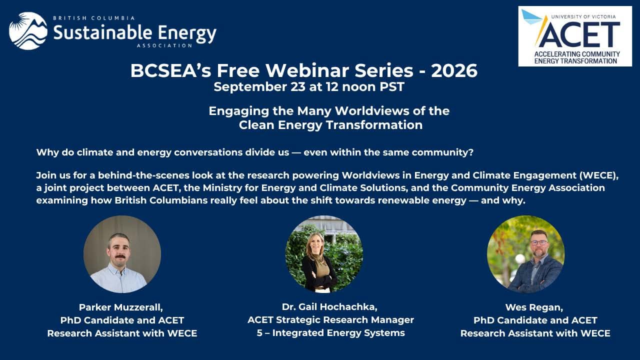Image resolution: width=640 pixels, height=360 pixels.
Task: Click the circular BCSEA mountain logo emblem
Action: pos(28,31)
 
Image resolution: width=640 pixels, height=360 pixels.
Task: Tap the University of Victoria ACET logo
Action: pos(575,36)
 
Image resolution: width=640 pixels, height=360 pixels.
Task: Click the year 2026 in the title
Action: pos(454,70)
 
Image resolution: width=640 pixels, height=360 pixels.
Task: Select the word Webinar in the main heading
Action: pos(308,70)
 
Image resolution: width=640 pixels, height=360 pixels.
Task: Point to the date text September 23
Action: pos(259,87)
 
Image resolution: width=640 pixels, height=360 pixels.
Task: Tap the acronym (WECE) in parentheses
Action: pos(599,175)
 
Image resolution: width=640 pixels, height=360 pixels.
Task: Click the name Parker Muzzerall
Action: pos(121,307)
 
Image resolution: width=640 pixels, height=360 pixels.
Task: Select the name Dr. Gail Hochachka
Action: pos(329,307)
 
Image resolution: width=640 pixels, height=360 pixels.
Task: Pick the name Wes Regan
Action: pos(534,307)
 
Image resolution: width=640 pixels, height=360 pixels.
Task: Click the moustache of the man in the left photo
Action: pos(120,256)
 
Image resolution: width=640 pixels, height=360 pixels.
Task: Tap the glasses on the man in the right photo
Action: pos(539,242)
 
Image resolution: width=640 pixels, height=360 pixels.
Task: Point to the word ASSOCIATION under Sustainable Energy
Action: pos(164,45)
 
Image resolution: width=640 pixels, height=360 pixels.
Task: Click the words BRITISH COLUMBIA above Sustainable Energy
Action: pos(93,18)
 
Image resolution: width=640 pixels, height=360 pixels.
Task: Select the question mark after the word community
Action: pos(471,152)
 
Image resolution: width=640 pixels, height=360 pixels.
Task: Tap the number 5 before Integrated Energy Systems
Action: pos(259,333)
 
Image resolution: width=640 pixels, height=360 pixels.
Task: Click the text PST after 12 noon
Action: pos(392,87)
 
